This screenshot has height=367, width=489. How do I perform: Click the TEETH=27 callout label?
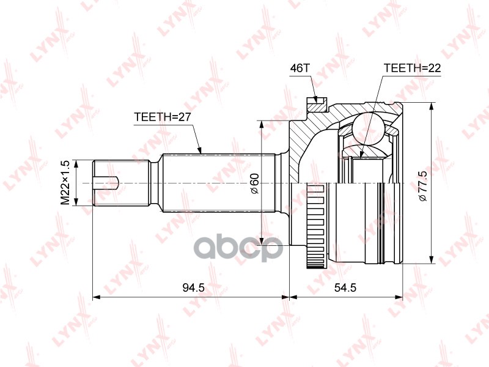[x=162, y=117]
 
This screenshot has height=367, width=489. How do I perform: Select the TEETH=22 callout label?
[x=412, y=68]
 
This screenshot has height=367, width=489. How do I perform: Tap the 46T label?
[x=300, y=68]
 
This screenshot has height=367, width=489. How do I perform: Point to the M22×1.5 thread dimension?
[x=65, y=182]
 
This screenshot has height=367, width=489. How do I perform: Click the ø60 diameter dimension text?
[x=254, y=183]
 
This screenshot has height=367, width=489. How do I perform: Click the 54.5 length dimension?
[x=345, y=287]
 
